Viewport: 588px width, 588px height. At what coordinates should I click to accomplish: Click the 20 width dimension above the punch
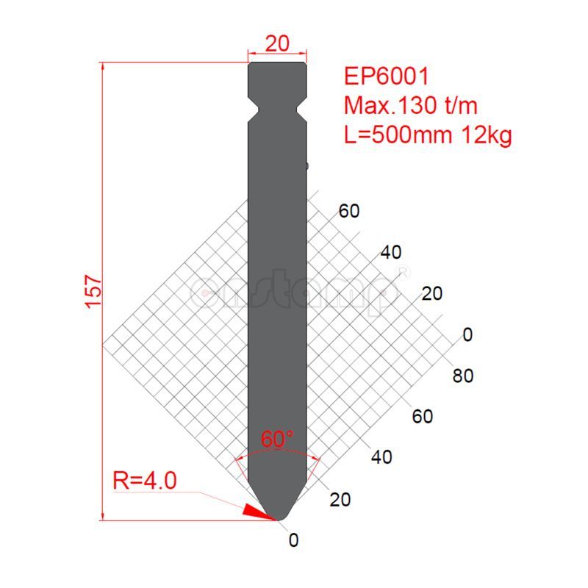(277, 44)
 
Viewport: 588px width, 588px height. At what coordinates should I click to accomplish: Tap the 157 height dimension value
(93, 291)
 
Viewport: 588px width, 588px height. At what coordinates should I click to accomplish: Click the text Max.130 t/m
(411, 106)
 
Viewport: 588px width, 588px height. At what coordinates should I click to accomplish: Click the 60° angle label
(277, 440)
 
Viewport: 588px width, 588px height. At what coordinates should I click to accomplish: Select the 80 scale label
(463, 376)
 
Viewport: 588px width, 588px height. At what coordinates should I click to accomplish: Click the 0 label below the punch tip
(294, 541)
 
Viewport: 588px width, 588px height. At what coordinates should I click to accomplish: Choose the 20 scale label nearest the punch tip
(340, 500)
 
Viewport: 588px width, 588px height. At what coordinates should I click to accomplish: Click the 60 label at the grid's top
(349, 211)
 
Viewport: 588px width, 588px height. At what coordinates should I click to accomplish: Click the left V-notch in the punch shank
(254, 110)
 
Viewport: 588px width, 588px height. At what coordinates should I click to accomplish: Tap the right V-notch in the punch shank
(301, 110)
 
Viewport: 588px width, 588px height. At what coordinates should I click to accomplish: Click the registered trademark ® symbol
(403, 272)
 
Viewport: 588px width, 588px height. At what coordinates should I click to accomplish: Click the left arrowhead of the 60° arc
(237, 461)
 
